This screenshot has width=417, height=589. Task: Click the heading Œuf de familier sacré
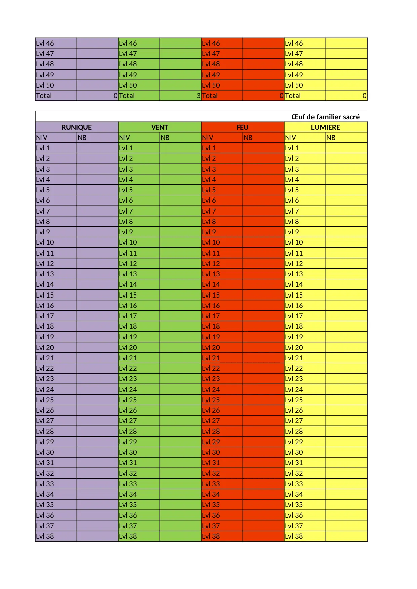(325, 117)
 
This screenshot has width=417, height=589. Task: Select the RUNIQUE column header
(76, 127)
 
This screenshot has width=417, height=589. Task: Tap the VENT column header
(159, 127)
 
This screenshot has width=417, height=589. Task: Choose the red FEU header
(242, 127)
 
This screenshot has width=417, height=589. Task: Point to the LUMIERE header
(325, 127)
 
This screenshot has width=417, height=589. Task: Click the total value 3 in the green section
(199, 96)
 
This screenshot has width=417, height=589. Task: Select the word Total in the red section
(210, 96)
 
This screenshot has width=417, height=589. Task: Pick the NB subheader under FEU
(248, 138)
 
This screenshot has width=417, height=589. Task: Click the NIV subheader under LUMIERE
(291, 138)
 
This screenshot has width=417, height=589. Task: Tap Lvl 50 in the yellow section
(294, 85)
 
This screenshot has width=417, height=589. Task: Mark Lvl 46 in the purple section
(45, 43)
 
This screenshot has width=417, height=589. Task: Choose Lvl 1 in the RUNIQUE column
(43, 148)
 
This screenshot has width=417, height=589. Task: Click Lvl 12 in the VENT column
(128, 264)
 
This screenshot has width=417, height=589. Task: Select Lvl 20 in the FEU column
(211, 348)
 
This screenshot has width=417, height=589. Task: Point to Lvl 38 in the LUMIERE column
(294, 536)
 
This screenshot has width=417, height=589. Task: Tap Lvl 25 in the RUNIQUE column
(45, 400)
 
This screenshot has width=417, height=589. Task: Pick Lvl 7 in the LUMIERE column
(292, 211)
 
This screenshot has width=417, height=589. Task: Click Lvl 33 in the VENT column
(128, 484)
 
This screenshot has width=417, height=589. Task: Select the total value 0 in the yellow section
(364, 96)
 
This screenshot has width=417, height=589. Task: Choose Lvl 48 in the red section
(211, 64)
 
